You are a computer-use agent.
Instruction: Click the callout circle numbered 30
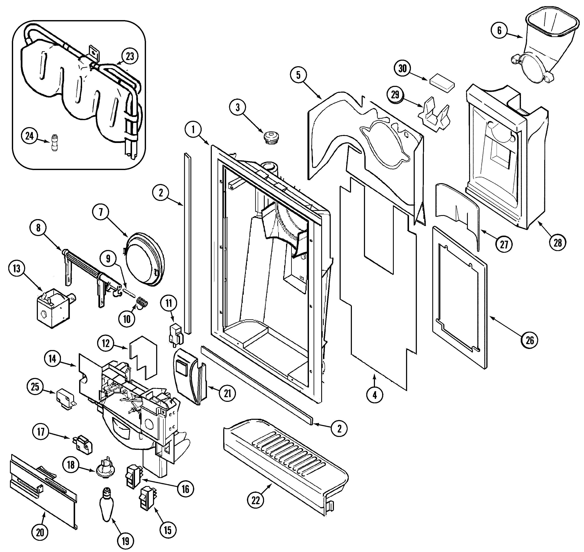pyautogui.click(x=402, y=69)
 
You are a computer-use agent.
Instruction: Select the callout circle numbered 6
pyautogui.click(x=499, y=30)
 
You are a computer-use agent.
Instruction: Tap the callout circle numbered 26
pyautogui.click(x=530, y=341)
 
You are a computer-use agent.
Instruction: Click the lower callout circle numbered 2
pyautogui.click(x=339, y=428)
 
